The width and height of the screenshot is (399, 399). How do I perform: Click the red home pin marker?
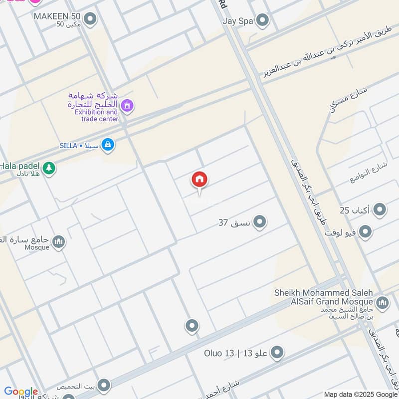click(199, 180)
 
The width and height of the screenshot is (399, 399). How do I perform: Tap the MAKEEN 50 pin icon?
click(90, 19)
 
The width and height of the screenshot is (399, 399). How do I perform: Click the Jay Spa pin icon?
click(262, 20)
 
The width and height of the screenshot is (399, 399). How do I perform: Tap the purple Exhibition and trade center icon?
click(128, 106)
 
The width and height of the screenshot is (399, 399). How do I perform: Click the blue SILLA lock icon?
click(107, 145)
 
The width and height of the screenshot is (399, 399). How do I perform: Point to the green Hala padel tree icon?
click(49, 168)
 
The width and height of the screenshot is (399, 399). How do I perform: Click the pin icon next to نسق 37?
click(259, 222)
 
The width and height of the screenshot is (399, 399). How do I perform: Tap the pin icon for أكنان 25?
click(380, 209)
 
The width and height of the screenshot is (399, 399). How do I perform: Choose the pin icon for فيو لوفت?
click(366, 232)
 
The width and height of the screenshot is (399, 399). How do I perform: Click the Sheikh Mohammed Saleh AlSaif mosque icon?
click(383, 302)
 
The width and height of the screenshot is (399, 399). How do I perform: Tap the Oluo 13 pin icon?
click(277, 353)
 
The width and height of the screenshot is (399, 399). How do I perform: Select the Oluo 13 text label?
click(219, 353)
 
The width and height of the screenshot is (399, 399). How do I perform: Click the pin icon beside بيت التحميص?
click(104, 386)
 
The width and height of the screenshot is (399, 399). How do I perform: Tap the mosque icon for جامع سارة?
click(59, 242)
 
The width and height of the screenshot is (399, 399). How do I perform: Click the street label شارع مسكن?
click(348, 99)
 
